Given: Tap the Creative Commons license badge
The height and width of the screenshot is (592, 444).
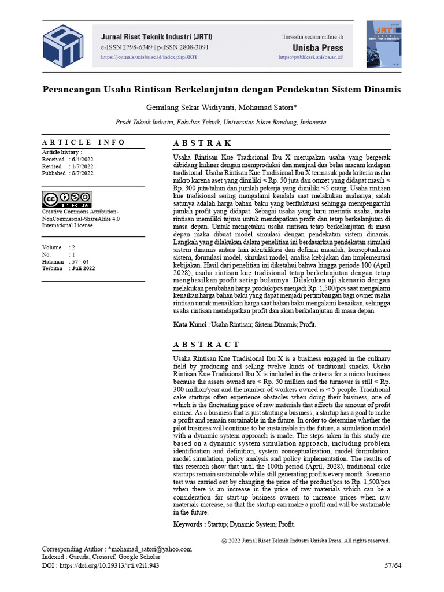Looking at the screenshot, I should pos(66,199).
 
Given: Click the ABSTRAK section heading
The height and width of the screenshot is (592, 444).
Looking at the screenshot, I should pos(202,143).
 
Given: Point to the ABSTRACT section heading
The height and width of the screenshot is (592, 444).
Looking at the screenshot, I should pos(206,345).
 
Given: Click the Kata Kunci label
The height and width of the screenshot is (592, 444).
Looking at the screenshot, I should pos(190,325).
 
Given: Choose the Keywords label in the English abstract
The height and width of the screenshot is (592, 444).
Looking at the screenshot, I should pos(189,524).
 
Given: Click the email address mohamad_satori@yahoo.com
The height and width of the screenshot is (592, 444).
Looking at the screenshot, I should pos(151,549).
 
